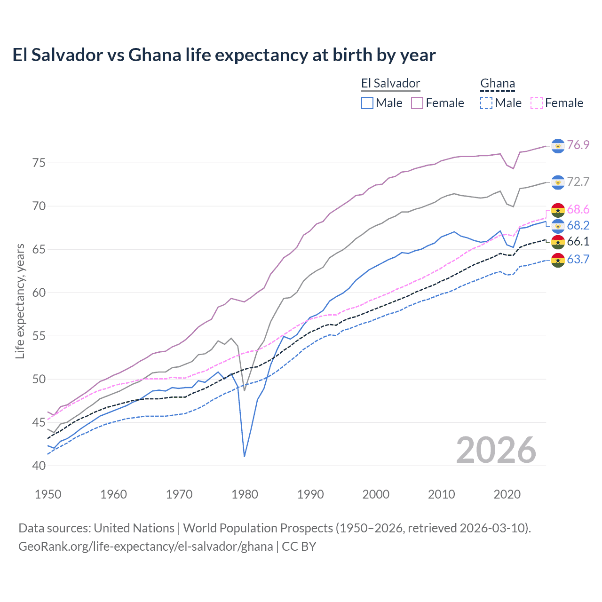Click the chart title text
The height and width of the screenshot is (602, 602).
coord(224,55)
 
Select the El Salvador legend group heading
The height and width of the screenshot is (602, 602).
coord(390,84)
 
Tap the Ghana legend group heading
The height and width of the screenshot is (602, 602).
coord(497,84)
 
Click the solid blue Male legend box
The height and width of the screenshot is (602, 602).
coord(367,103)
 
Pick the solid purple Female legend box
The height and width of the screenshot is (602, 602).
coord(417,103)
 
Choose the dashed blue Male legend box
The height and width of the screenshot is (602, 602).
coord(486,103)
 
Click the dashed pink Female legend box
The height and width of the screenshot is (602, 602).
coord(537,103)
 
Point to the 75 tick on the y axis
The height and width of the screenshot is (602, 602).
coord(39,163)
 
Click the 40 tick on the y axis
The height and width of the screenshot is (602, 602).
coord(39,466)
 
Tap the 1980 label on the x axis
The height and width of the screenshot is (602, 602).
coord(245,494)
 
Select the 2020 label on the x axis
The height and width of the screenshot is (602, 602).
coord(507,494)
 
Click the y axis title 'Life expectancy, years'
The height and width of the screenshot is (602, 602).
coord(20,301)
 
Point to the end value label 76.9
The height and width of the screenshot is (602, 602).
coord(578,145)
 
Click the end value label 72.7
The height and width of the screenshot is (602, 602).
coord(578,182)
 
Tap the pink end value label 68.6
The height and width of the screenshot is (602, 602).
coord(578,209)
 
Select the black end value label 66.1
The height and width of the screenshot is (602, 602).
coord(578,241)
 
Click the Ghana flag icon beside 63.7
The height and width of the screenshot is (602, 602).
coord(558,260)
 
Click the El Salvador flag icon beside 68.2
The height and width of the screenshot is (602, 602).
coord(558,226)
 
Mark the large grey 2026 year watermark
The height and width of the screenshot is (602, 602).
coord(496,450)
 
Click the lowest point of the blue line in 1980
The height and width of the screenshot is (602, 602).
coord(245,456)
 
